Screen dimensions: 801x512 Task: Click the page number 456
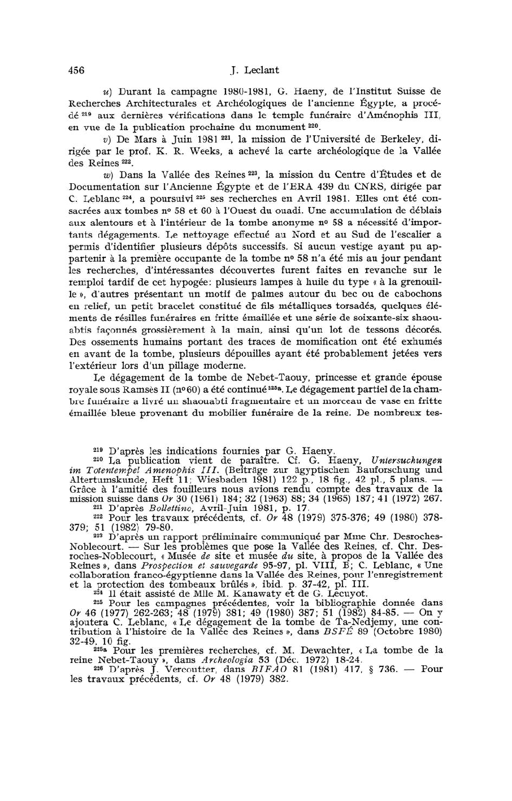tap(76, 70)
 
